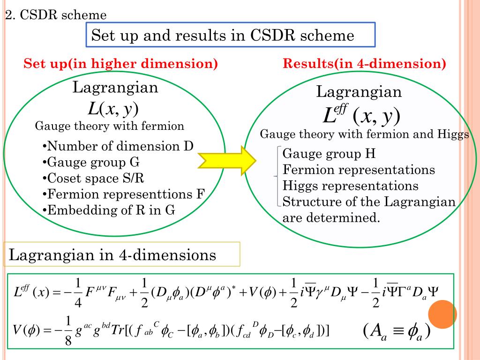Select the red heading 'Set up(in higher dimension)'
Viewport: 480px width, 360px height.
click(121, 64)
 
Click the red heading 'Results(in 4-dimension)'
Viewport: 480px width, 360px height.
click(364, 64)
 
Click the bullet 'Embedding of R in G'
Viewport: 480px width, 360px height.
click(108, 210)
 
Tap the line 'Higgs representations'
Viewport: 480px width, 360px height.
click(351, 186)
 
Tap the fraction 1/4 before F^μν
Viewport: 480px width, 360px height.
click(78, 293)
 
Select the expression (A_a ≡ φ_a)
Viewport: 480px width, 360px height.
click(397, 332)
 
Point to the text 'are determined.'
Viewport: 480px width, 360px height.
click(330, 217)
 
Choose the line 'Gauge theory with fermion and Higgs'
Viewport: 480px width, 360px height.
click(364, 135)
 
